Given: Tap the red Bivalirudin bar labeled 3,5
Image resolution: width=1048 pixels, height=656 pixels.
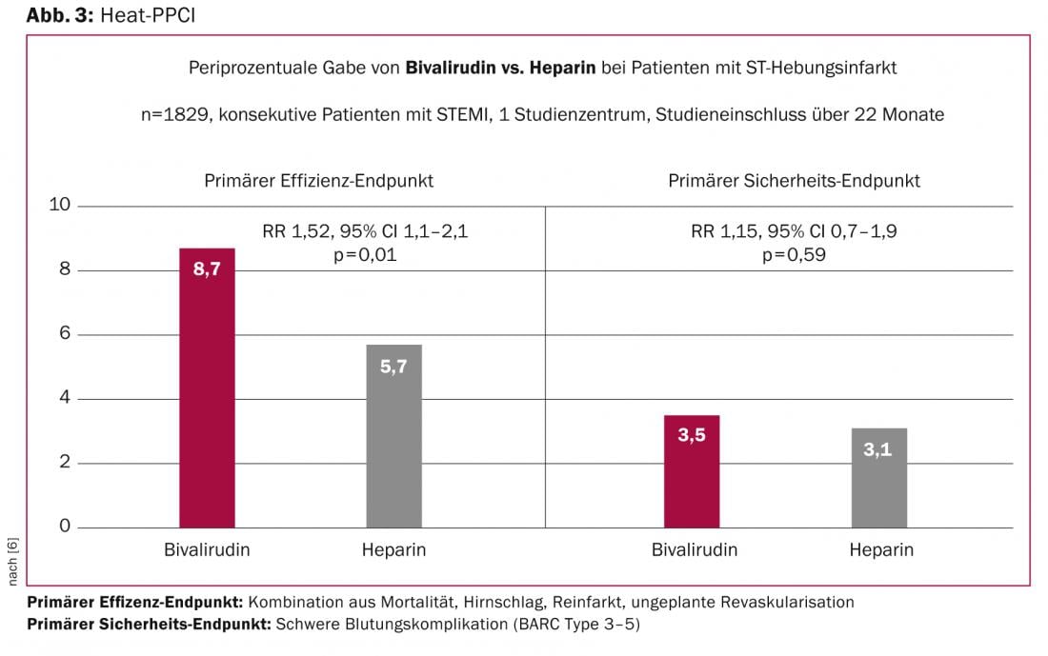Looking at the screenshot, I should point(692,471).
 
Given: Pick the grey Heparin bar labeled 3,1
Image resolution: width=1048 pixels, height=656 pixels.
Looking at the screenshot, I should point(879,478).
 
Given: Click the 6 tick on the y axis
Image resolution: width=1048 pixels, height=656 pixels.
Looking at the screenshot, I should point(66,334).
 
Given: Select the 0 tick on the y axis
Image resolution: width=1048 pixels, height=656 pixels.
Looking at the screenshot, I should point(66,527).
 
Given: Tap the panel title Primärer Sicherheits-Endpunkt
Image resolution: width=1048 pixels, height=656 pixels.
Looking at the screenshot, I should point(794,180).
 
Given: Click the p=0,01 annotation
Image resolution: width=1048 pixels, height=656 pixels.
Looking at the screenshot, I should point(365,254).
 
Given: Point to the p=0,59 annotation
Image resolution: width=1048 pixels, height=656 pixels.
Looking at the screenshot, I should point(793,254).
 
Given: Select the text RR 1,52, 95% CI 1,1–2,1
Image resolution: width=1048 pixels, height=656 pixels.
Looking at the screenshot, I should point(365,231).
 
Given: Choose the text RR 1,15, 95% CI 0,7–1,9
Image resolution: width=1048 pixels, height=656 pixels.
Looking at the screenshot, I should point(793,231).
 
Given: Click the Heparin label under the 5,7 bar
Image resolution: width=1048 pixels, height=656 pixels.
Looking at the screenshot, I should point(393,550).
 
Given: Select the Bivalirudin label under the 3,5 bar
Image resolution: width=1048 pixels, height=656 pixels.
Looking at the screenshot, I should point(694,550).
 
